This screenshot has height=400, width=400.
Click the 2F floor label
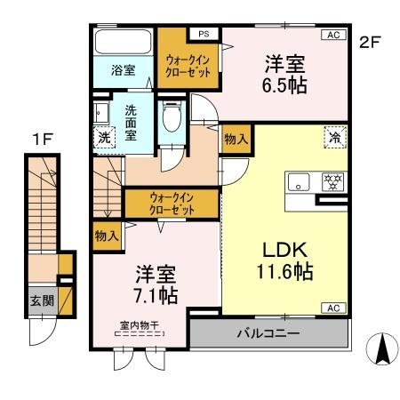coord(369,41)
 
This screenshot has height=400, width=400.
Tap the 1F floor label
coord(40,139)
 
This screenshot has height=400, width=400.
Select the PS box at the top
coord(204,35)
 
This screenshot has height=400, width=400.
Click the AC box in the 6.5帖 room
coord(334,35)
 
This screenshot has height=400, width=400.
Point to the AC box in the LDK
coord(334,308)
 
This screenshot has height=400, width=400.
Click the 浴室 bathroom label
coord(123,70)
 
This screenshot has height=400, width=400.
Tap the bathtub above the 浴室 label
coord(123,43)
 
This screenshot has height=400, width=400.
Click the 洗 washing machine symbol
coord(103,139)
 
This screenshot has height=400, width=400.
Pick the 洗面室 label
coord(131,124)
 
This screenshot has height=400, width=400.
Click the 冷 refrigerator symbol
coord(335,139)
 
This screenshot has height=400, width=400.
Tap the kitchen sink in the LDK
coord(298,182)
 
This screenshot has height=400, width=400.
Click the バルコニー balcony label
coord(268,335)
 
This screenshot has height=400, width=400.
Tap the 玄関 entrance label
coord(42,300)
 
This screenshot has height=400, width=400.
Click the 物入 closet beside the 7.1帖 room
coord(104,236)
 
